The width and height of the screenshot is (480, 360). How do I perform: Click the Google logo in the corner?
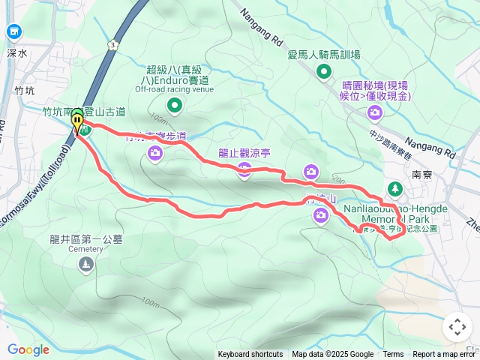pyautogui.click(x=28, y=349)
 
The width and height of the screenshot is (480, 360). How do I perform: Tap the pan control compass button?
pyautogui.click(x=457, y=327)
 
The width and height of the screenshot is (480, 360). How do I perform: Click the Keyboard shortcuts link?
pyautogui.click(x=250, y=355)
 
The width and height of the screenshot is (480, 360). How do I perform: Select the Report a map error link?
pyautogui.click(x=445, y=355)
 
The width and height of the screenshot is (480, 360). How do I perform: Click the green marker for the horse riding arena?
pyautogui.click(x=324, y=72)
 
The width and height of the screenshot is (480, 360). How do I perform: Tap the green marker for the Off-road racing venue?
pyautogui.click(x=174, y=106)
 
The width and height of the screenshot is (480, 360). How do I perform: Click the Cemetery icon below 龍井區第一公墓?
pyautogui.click(x=88, y=265)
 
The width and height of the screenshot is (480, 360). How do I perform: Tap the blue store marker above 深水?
pyautogui.click(x=13, y=31)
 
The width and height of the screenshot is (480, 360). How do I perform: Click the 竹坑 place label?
pyautogui.click(x=24, y=91)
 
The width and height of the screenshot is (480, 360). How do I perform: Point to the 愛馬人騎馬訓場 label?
pyautogui.click(x=324, y=55)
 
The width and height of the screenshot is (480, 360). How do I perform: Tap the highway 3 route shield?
pyautogui.click(x=112, y=46)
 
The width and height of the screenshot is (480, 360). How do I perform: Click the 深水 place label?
pyautogui.click(x=16, y=53)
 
